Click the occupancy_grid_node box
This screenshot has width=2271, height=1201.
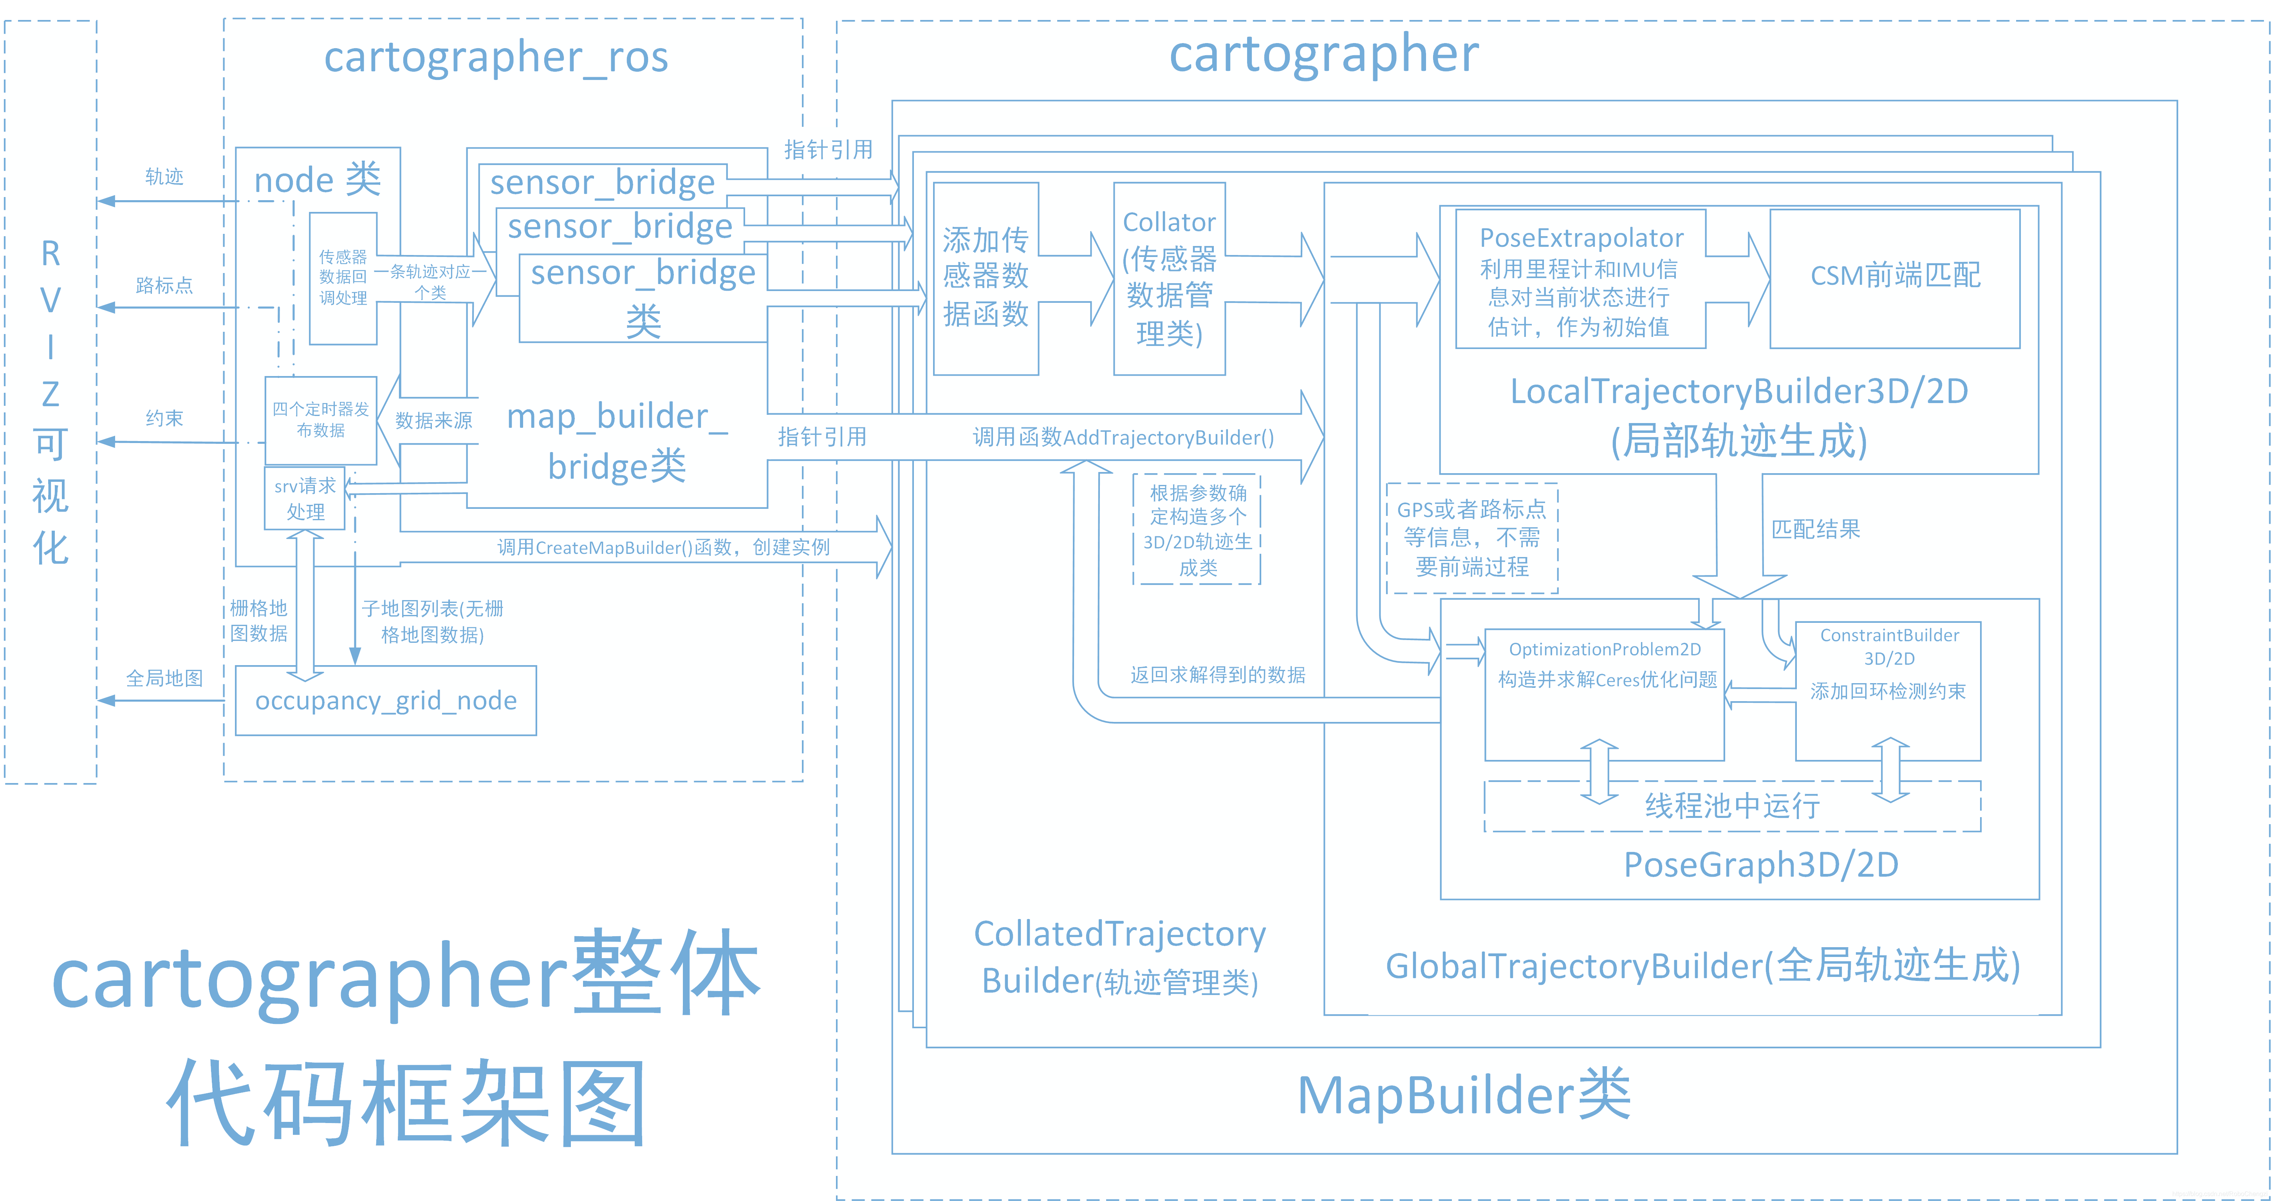click(x=385, y=700)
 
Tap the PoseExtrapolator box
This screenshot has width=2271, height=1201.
click(x=1580, y=280)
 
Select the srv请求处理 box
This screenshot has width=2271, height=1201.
click(x=305, y=499)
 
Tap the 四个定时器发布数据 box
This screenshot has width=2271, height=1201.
click(x=321, y=420)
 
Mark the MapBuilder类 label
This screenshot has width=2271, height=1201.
click(x=1464, y=1096)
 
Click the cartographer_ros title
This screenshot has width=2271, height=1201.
click(x=495, y=57)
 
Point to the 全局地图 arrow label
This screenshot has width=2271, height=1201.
click(x=164, y=678)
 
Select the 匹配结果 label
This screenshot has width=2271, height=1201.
click(x=1815, y=529)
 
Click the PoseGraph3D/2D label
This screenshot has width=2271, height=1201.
click(x=1760, y=865)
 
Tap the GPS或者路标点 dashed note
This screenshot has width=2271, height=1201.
click(x=1471, y=538)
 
